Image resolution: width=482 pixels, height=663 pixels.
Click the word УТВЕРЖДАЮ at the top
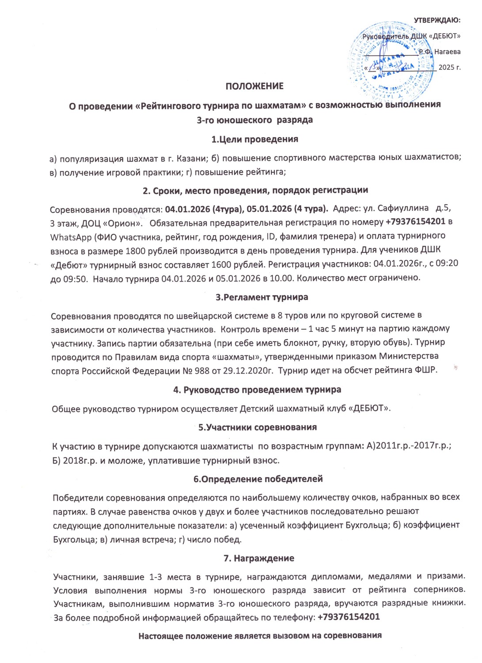click(x=437, y=20)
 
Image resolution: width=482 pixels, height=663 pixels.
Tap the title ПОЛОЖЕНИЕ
click(x=254, y=86)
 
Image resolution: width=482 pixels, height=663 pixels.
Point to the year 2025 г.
click(x=449, y=68)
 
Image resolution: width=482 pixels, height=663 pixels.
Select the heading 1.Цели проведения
click(x=254, y=139)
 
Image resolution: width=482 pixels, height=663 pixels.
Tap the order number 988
click(x=201, y=370)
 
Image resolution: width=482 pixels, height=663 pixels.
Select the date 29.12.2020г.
click(x=247, y=370)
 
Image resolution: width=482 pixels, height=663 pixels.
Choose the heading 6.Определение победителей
click(x=258, y=479)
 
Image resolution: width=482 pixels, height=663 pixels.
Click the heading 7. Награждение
click(x=259, y=558)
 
